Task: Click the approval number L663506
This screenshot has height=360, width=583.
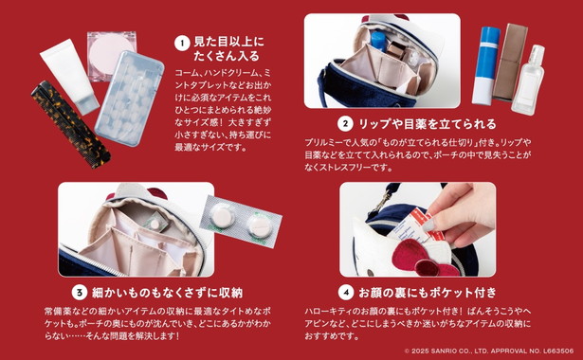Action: click(x=558, y=351)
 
